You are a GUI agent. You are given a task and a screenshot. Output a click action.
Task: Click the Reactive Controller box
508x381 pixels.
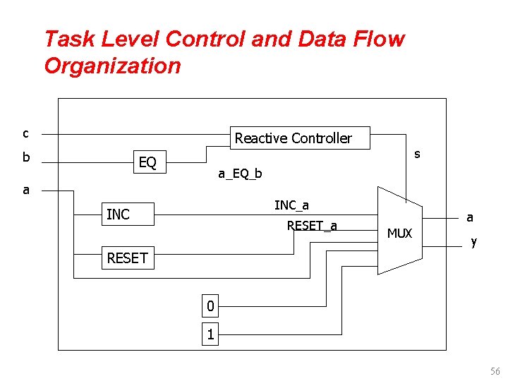pos(293,138)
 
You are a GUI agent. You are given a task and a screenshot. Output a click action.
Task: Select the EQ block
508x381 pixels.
pos(147,163)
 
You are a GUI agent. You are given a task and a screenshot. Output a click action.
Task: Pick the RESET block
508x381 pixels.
pos(127,258)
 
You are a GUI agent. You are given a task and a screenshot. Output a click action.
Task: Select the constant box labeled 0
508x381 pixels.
pos(210,307)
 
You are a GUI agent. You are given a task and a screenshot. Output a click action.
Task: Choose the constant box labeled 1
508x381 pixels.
pos(210,334)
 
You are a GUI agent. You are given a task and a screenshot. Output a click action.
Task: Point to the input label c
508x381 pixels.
pos(25,133)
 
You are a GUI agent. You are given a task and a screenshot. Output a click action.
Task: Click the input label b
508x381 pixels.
pos(25,157)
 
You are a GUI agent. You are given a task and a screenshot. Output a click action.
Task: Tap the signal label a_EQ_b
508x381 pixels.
pos(240,174)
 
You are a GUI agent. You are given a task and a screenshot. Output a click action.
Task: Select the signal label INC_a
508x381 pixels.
pos(291,205)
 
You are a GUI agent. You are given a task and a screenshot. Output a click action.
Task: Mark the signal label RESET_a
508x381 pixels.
pos(312,226)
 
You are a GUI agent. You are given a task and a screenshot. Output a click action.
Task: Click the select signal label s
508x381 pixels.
pos(417,154)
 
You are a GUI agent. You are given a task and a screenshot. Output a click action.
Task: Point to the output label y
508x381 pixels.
pos(473,242)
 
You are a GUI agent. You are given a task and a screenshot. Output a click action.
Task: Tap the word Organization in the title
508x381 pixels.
pos(112,66)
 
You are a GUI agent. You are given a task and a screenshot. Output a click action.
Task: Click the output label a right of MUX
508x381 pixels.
pos(469,219)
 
